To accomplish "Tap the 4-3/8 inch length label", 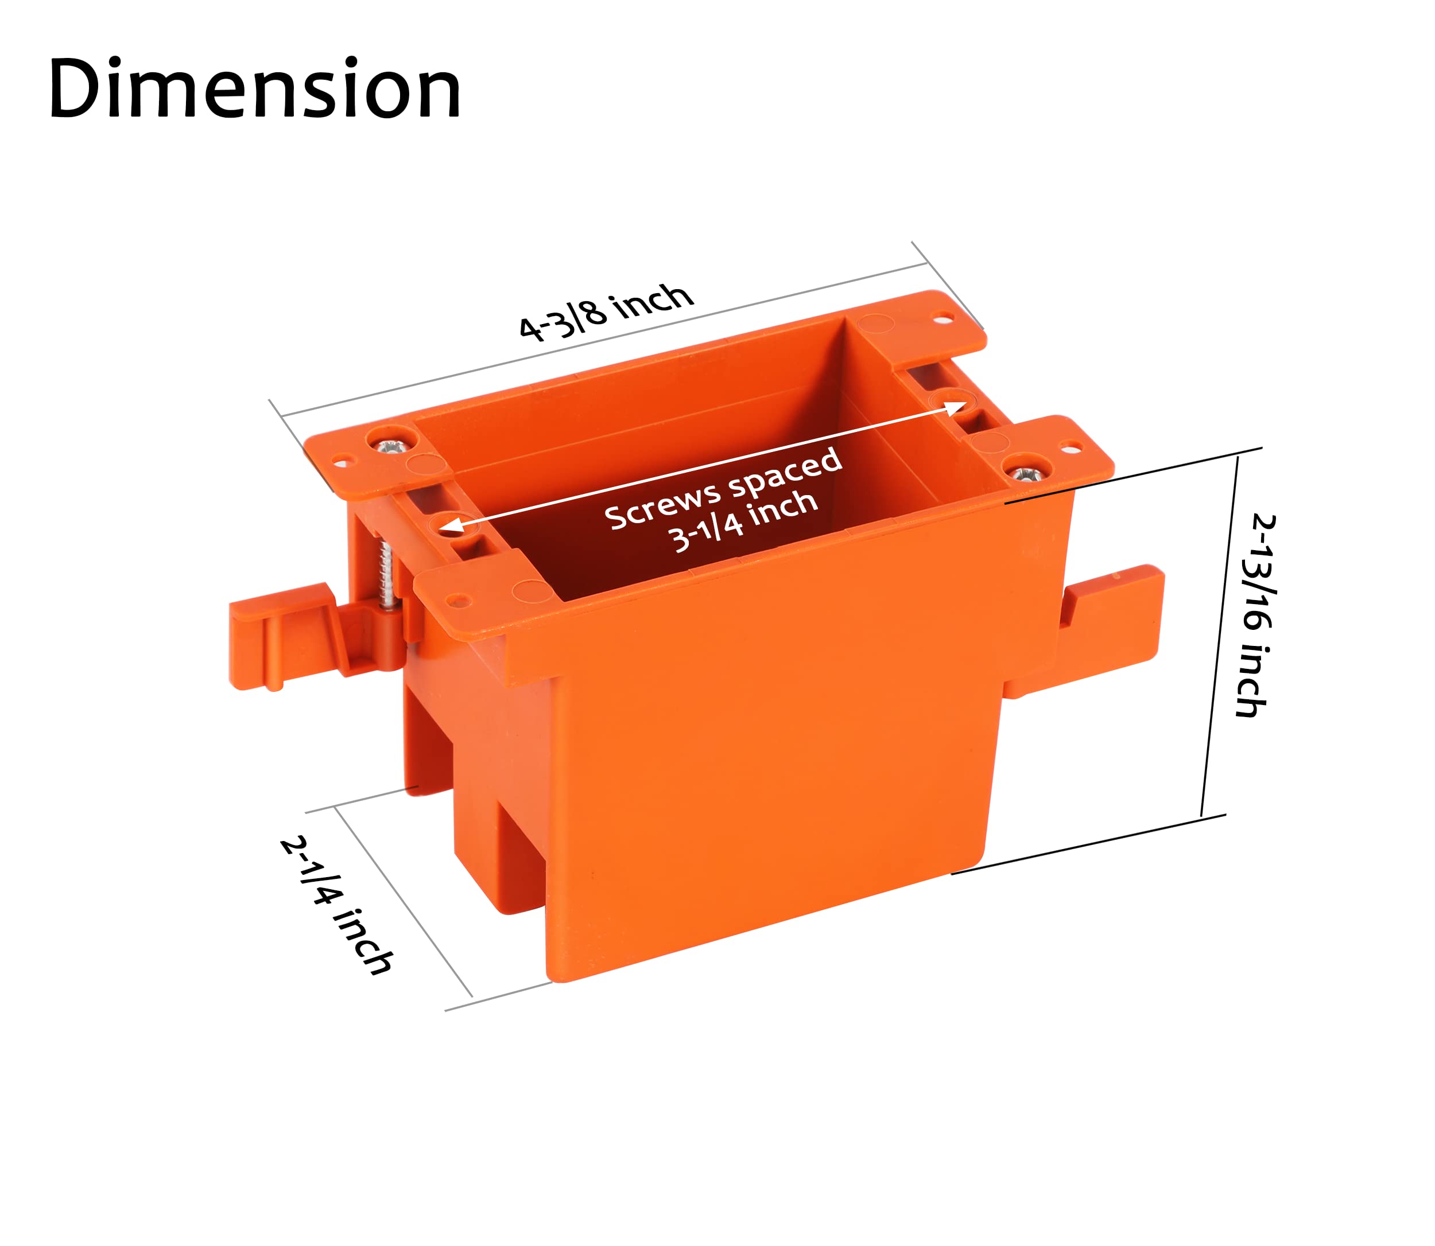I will pyautogui.click(x=607, y=312).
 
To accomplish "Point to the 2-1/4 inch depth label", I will pyautogui.click(x=338, y=905).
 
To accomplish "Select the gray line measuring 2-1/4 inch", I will pyautogui.click(x=404, y=901).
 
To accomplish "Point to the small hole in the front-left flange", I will pyautogui.click(x=457, y=599).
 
